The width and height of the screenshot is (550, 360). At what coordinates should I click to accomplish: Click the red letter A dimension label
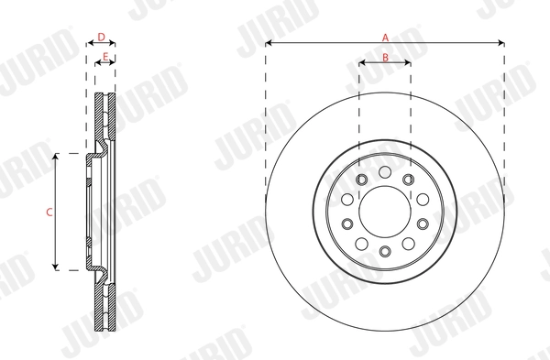click(386, 37)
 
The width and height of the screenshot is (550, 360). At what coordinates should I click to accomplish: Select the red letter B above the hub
click(385, 57)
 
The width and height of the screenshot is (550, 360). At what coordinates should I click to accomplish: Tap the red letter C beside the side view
click(49, 212)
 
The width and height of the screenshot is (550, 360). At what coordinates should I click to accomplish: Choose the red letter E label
click(106, 57)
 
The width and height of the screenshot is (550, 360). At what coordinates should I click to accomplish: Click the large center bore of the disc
click(385, 211)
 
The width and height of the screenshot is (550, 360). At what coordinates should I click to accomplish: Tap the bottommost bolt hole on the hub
click(385, 251)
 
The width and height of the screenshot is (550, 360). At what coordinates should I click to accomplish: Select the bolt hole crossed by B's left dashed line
click(361, 178)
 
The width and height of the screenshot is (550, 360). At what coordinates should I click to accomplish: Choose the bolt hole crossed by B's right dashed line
click(408, 178)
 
